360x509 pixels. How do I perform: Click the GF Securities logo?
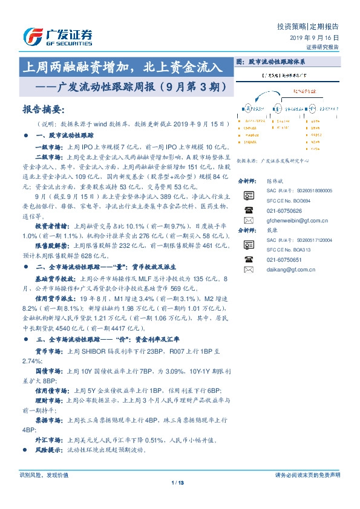57,37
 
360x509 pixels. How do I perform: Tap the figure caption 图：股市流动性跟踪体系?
270,62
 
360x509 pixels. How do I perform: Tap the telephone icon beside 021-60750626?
249,210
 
